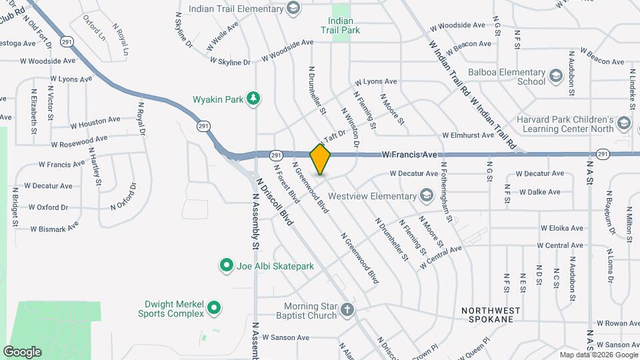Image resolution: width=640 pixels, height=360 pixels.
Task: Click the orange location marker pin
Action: (321, 158)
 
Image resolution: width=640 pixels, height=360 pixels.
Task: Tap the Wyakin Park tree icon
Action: (253, 99)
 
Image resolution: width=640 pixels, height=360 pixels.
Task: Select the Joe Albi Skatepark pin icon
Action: (226, 266)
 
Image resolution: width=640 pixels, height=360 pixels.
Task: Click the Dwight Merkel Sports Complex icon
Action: (213, 308)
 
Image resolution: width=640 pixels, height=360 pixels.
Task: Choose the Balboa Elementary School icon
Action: (556, 77)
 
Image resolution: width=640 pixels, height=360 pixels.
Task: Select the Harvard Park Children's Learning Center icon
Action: (623, 123)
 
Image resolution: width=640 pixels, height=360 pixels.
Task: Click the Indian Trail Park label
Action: (340, 25)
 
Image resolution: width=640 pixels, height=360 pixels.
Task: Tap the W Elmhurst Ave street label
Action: (471, 135)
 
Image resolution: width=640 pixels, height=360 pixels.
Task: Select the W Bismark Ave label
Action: (54, 227)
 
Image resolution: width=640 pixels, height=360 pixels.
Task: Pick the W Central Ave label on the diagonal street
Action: (441, 258)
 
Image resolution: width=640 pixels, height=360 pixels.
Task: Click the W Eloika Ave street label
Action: (562, 228)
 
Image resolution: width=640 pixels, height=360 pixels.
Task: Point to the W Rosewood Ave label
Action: (79, 141)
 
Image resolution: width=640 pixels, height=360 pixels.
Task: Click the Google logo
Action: (23, 351)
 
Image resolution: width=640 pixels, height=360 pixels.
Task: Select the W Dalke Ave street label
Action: (540, 192)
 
